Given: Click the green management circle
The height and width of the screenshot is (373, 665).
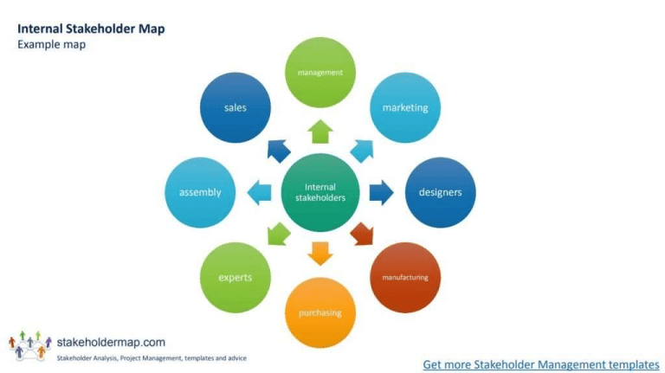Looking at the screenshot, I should (320, 73).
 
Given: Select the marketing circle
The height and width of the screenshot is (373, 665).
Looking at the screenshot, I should (405, 108).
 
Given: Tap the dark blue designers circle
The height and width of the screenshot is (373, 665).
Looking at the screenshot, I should (440, 192).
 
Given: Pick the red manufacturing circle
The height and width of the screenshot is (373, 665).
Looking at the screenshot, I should (405, 277).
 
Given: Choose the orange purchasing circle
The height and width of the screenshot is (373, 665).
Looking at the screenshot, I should (320, 312).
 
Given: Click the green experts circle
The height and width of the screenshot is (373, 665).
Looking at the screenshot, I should (235, 277).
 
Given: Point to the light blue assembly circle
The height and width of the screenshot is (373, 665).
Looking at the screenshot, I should (200, 192).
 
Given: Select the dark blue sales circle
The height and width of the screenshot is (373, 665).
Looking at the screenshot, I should (235, 108).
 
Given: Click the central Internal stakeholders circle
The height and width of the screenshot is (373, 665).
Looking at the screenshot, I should (320, 192).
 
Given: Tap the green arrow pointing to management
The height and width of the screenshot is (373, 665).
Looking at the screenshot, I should (320, 132).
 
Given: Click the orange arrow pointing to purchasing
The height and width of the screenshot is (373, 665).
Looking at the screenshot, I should (320, 253).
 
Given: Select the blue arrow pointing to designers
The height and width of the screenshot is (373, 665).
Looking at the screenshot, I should (381, 192).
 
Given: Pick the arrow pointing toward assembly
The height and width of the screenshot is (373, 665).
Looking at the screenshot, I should (260, 192).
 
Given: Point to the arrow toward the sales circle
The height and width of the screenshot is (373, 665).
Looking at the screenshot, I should (279, 151).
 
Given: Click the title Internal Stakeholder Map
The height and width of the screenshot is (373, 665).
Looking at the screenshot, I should (91, 29).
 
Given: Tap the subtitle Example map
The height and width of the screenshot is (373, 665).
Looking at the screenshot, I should (51, 44).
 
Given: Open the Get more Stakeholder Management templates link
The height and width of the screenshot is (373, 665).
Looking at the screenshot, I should (540, 364).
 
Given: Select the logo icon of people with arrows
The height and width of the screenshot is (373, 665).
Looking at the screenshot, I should (29, 344).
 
